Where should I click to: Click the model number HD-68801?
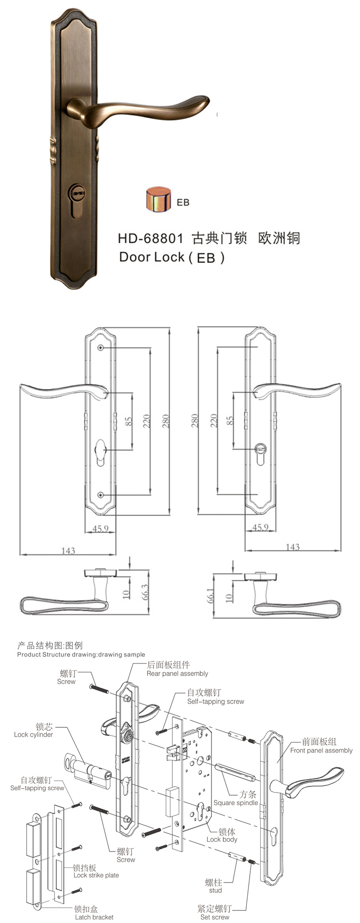[x=150, y=238]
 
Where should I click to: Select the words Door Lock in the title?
[x=152, y=257]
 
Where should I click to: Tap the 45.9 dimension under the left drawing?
[x=100, y=529]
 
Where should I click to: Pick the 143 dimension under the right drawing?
[x=292, y=547]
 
